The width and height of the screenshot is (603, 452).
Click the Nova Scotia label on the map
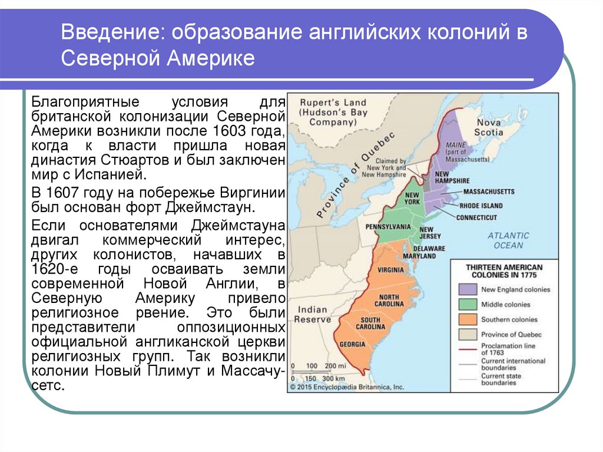pyautogui.click(x=489, y=127)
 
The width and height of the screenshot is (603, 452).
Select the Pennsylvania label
pyautogui.click(x=388, y=226)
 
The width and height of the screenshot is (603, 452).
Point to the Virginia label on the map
pyautogui.click(x=391, y=269)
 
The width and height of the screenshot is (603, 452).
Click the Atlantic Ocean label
pyautogui.click(x=508, y=240)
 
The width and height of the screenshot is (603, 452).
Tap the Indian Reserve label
pyautogui.click(x=313, y=314)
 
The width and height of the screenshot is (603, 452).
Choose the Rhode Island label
pyautogui.click(x=481, y=206)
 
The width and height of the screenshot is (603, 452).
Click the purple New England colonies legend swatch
pyautogui.click(x=467, y=289)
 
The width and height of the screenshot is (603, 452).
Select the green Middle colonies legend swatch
pyautogui.click(x=467, y=305)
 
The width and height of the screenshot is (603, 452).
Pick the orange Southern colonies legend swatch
pyautogui.click(x=467, y=319)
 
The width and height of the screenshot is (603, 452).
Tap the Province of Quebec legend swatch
pyautogui.click(x=467, y=334)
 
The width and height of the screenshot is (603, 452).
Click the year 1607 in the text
pyautogui.click(x=64, y=193)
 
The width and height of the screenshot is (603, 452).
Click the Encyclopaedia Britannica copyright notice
pyautogui.click(x=346, y=387)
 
